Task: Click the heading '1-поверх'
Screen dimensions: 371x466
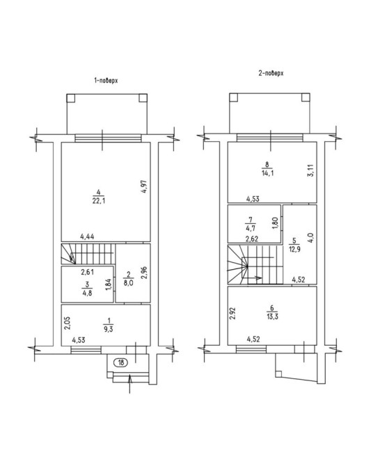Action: coord(106,81)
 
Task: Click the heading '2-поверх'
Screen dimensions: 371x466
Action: coord(271,73)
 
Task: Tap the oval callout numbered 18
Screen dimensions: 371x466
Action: coord(121,362)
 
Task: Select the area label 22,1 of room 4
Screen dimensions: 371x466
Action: coord(98,201)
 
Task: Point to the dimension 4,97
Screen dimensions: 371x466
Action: coord(144,187)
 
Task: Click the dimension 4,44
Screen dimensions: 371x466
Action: coord(87,236)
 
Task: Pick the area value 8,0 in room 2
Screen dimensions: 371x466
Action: coord(128,283)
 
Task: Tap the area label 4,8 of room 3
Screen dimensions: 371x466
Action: coord(87,292)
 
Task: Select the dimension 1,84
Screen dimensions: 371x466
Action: coord(109,285)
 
